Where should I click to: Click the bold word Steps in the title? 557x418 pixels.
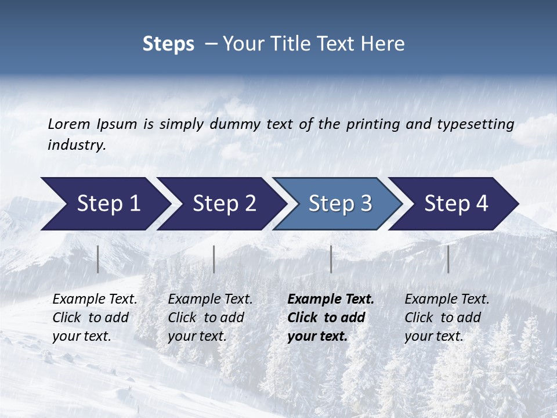168,44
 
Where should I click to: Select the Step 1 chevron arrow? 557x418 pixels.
104,203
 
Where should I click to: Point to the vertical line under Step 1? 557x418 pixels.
98,259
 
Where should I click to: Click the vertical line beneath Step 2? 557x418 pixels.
214,259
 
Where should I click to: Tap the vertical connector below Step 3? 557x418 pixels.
331,259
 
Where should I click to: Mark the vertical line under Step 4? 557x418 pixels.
449,259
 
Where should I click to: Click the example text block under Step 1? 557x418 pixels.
95,318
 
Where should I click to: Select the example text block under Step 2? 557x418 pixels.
210,318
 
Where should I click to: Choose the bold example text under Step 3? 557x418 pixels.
330,318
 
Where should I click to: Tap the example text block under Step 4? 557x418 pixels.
447,318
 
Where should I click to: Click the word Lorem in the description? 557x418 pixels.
69,124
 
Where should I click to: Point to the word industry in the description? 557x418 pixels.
77,145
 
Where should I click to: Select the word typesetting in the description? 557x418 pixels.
475,124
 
